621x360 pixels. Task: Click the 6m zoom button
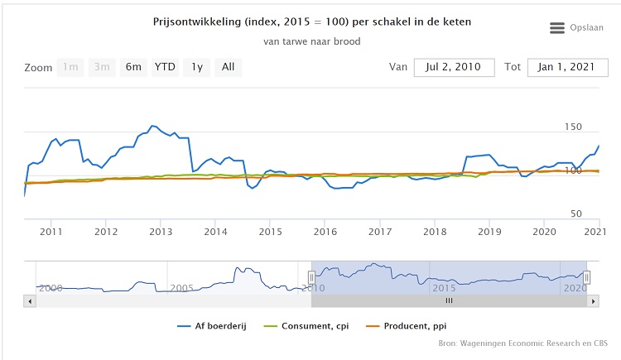(x=133, y=67)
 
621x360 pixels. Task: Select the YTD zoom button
(x=165, y=67)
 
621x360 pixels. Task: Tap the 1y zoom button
(x=196, y=67)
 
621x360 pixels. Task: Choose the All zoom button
(x=228, y=67)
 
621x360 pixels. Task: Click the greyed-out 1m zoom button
(x=71, y=67)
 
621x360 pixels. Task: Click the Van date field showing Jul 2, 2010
(x=454, y=67)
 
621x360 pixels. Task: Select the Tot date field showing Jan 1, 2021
(x=562, y=67)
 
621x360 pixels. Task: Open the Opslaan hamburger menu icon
(x=557, y=28)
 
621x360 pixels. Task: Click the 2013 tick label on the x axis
(x=161, y=231)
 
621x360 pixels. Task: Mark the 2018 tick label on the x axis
(x=434, y=231)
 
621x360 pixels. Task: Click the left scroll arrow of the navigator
(x=31, y=301)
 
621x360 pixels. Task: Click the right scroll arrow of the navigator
(x=593, y=301)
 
